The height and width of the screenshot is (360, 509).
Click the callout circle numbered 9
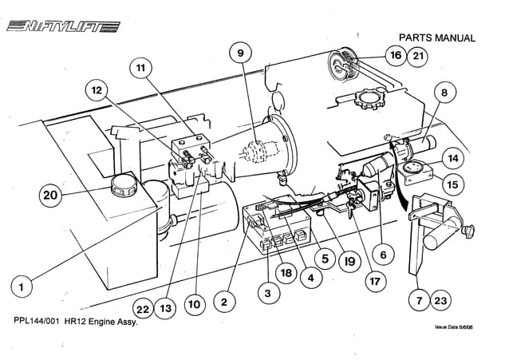[x=238, y=54]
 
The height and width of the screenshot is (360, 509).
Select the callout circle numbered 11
[x=140, y=69]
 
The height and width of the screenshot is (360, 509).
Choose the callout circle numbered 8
[x=444, y=93]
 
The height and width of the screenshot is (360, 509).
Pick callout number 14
[x=452, y=158]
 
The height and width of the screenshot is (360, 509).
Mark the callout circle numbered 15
[x=452, y=184]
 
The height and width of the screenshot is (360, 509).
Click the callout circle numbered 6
[x=383, y=255]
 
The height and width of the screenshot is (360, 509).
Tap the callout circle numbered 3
[x=269, y=293]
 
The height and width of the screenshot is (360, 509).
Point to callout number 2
[x=225, y=303]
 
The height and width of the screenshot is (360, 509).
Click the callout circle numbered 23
[x=442, y=301]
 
